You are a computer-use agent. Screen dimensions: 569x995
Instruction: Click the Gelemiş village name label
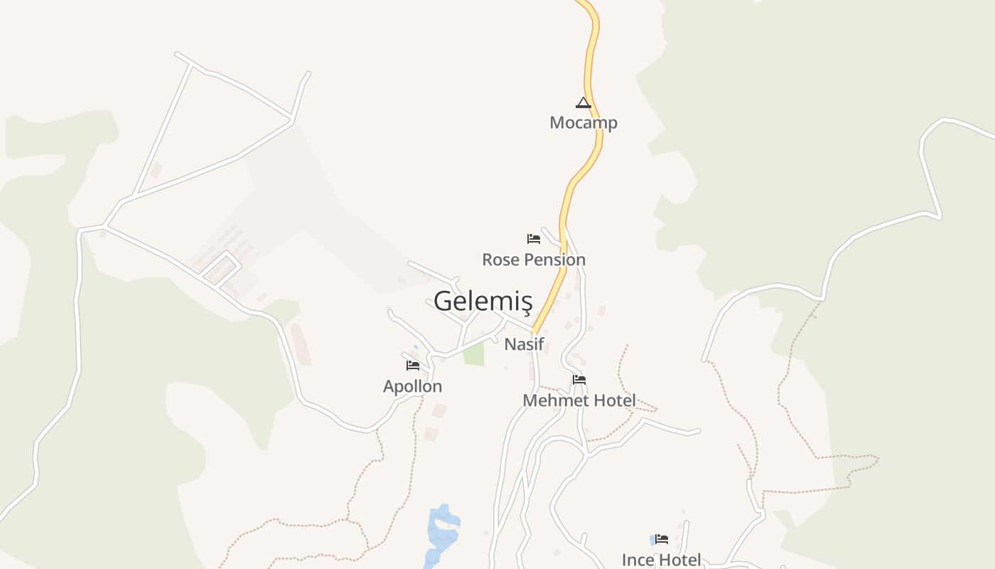[483, 301]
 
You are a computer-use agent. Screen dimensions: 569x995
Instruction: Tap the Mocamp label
[583, 122]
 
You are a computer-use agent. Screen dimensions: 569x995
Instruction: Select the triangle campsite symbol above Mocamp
[583, 102]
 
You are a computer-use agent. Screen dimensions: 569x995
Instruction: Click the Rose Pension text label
[534, 260]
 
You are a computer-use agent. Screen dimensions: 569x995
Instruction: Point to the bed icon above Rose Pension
[534, 239]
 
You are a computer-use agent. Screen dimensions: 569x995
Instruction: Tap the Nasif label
[524, 344]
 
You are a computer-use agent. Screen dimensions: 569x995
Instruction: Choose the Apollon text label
[412, 386]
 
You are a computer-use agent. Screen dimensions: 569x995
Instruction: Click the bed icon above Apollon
[413, 366]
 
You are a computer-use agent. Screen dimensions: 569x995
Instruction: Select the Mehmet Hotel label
[579, 400]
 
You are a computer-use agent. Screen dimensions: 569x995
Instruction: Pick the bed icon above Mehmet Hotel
[579, 380]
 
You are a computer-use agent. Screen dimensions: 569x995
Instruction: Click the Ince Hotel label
[661, 560]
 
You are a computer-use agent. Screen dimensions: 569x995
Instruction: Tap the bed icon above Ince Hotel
[662, 539]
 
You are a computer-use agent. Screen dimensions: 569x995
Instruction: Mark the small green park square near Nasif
[473, 353]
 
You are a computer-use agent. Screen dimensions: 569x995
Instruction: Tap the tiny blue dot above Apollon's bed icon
[416, 347]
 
